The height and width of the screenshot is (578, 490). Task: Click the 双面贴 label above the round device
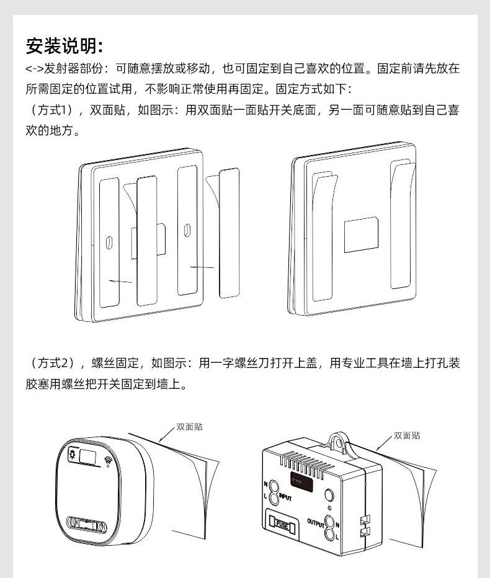point(189,427)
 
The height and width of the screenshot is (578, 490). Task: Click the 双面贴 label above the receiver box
point(407,435)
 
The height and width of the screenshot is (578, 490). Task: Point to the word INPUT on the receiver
point(285,497)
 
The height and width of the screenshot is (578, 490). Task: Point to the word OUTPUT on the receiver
point(316,522)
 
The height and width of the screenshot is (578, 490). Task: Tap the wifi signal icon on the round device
point(110,461)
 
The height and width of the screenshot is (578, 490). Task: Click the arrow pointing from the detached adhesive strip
point(202,267)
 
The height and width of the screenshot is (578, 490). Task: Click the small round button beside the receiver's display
point(329,494)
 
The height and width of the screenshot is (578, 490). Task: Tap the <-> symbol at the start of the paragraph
point(34,69)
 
